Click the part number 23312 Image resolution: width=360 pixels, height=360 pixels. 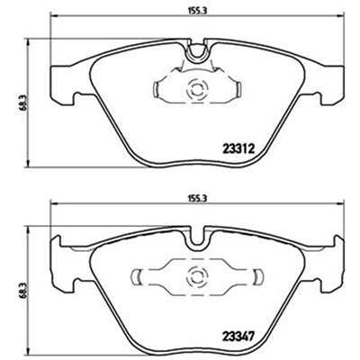pyautogui.click(x=238, y=148)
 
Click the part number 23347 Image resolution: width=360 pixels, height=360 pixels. pyautogui.click(x=238, y=334)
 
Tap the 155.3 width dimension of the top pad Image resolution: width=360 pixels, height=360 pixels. pyautogui.click(x=198, y=10)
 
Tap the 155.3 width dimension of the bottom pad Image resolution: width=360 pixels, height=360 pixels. pyautogui.click(x=198, y=199)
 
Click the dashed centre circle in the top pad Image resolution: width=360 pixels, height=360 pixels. pyautogui.click(x=197, y=89)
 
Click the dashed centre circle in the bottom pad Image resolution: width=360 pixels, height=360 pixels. pyautogui.click(x=197, y=275)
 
